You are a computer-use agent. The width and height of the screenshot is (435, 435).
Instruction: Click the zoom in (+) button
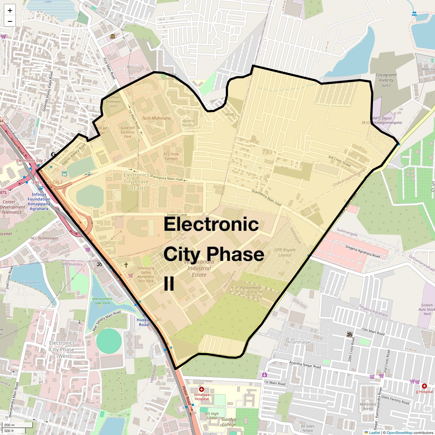(x=10, y=11)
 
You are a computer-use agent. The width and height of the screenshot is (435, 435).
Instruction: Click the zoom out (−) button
(x=10, y=21)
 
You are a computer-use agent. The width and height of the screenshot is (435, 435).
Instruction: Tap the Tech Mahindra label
(x=156, y=118)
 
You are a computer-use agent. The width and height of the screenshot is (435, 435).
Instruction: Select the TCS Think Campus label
(x=171, y=156)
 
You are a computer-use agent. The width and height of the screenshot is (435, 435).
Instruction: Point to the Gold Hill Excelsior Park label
(x=128, y=132)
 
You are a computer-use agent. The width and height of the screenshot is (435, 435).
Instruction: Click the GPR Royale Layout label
(x=285, y=252)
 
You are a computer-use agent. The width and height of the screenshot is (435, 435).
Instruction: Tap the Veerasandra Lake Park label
(x=102, y=301)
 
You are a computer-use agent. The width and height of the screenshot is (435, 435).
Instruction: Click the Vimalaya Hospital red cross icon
(x=202, y=389)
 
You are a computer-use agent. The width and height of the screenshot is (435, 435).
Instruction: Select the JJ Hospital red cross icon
(x=424, y=386)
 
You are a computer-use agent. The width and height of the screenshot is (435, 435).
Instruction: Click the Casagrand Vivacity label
(x=386, y=80)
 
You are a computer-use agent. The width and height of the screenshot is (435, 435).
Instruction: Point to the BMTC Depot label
(x=382, y=118)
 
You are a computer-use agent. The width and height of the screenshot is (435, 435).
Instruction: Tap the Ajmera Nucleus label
(x=188, y=123)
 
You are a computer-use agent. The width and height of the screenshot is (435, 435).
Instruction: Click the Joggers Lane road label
(x=177, y=215)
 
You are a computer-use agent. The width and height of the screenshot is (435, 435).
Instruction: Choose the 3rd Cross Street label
(x=339, y=161)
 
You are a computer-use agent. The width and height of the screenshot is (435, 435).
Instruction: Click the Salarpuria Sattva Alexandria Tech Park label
(x=145, y=274)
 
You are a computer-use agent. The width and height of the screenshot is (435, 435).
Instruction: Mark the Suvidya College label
(x=229, y=422)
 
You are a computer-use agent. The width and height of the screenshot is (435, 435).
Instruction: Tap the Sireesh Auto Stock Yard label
(x=427, y=309)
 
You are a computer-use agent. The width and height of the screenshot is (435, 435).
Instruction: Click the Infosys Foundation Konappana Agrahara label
(x=39, y=202)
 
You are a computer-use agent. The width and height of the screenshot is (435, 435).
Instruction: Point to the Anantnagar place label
(x=299, y=342)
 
